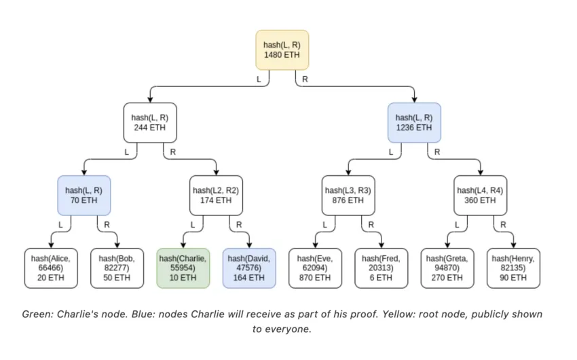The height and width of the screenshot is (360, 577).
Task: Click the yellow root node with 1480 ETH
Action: (x=282, y=50)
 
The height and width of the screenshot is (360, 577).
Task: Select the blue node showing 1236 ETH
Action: (x=414, y=122)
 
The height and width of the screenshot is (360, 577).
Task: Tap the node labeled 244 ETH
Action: (x=150, y=122)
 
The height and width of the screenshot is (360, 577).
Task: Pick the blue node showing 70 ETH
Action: (x=84, y=196)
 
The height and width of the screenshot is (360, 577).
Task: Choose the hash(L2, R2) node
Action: (x=216, y=196)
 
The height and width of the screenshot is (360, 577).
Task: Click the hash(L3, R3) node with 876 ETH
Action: (x=348, y=196)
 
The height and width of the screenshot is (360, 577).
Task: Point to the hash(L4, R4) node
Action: (x=480, y=196)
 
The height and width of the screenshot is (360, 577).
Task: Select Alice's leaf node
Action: (x=51, y=268)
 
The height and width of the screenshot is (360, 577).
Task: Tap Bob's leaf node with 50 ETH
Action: (x=117, y=268)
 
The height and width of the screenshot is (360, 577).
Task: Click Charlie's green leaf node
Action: (x=183, y=268)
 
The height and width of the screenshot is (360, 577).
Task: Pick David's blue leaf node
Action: (x=249, y=268)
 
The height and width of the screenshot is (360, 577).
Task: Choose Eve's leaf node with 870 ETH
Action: (x=316, y=268)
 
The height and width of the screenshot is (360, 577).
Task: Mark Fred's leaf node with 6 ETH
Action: (x=381, y=268)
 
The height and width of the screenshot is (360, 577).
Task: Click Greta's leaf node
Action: (x=447, y=268)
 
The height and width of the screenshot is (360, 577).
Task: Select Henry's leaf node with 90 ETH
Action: (x=513, y=268)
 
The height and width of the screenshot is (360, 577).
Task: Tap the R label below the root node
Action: (x=305, y=79)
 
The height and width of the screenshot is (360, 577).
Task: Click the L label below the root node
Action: (x=259, y=79)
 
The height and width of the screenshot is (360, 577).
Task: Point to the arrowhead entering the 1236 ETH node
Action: (x=414, y=100)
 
